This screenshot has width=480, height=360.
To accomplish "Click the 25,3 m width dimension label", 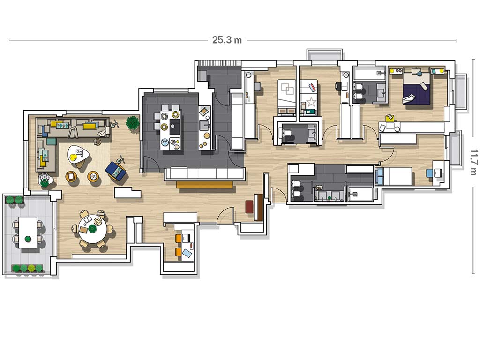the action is pyautogui.click(x=227, y=40).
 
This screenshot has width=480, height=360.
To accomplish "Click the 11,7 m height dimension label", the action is pyautogui.click(x=473, y=162).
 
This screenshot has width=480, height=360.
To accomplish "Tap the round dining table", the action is pyautogui.click(x=92, y=228).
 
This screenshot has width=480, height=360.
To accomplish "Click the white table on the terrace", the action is pyautogui.click(x=28, y=232).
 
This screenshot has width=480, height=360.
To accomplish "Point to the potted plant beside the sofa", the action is pyautogui.click(x=132, y=123).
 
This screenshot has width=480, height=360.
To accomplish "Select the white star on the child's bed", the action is pyautogui.click(x=311, y=102).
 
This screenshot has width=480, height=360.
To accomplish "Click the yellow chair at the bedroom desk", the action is pyautogui.click(x=390, y=119).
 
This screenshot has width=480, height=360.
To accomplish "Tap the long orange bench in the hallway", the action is pyautogui.click(x=205, y=185).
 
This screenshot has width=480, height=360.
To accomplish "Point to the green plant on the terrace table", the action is pyautogui.click(x=28, y=239).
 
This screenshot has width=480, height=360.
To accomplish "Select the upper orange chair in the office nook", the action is pyautogui.click(x=179, y=238).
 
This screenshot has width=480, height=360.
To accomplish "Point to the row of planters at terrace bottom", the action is pyautogui.click(x=27, y=269).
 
